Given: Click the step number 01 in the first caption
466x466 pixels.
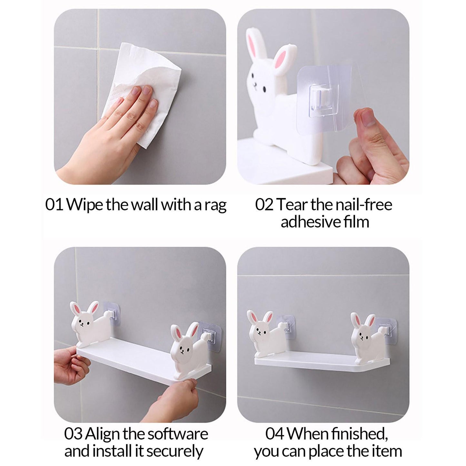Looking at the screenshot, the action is coord(54,205).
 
